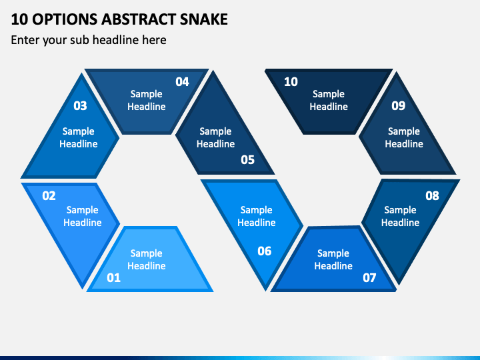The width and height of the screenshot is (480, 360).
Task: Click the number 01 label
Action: [x=113, y=277]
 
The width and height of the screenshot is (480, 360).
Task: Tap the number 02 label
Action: [x=49, y=195]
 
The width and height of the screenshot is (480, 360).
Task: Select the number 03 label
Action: [x=80, y=105]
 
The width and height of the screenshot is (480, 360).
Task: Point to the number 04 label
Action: [x=182, y=82]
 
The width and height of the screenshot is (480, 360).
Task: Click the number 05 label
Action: [x=247, y=159]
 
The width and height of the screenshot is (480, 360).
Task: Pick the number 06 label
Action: [x=265, y=251]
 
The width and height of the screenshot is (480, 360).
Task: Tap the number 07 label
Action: [x=369, y=277]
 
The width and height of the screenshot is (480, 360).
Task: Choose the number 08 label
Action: [x=432, y=195]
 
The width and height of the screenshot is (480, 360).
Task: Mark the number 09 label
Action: [x=398, y=105]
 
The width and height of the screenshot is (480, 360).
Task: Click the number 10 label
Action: [x=291, y=82]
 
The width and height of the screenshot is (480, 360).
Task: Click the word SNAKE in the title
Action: [x=204, y=19]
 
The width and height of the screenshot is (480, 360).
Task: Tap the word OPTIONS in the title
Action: [x=65, y=19]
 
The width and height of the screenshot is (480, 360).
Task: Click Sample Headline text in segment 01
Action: [x=147, y=259]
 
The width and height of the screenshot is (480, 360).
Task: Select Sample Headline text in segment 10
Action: [x=329, y=100]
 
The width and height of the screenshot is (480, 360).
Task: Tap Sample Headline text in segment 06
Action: [x=257, y=216]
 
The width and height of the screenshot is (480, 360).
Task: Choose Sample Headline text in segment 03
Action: [x=79, y=137]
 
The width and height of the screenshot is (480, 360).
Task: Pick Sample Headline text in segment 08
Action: [x=401, y=216]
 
